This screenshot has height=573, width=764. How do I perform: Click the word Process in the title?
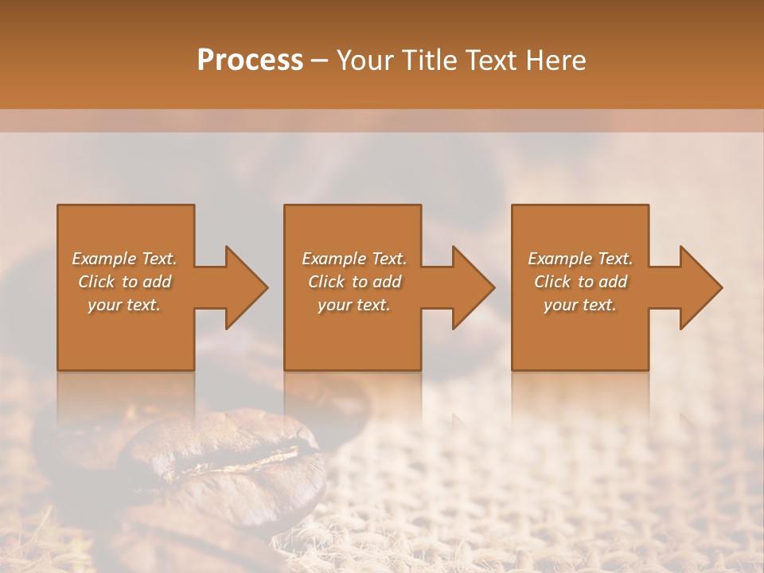[x=250, y=60]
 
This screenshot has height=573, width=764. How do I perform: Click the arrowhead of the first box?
[x=242, y=287]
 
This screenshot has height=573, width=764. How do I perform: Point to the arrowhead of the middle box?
[x=470, y=287]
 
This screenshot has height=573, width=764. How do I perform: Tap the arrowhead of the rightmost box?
[x=697, y=287]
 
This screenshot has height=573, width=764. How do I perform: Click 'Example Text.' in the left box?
[x=124, y=259]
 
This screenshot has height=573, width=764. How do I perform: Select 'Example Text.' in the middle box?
[x=353, y=259]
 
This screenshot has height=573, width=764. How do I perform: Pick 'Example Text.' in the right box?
[x=580, y=259]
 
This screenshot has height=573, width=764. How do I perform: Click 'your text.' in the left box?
[x=124, y=305]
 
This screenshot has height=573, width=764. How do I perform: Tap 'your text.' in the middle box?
[x=353, y=305]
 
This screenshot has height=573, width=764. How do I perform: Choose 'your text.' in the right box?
[x=580, y=305]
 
